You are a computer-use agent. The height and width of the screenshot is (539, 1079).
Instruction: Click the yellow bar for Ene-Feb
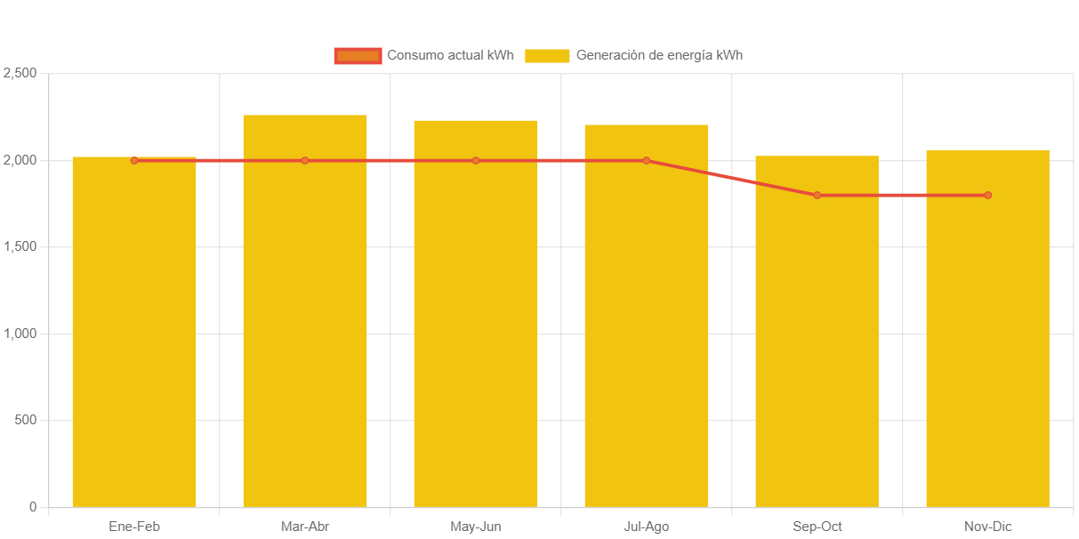134,338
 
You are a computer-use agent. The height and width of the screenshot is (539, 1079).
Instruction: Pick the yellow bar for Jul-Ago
647,320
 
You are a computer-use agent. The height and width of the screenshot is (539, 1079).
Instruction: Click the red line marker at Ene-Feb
134,161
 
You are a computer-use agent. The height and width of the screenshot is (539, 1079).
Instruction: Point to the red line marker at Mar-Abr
305,161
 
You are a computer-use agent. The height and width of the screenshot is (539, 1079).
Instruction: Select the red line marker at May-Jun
476,161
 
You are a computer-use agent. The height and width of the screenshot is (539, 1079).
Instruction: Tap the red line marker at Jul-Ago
647,161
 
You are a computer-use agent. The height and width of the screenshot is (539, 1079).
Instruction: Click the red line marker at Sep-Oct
817,196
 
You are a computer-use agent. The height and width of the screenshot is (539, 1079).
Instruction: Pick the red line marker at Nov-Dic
987,196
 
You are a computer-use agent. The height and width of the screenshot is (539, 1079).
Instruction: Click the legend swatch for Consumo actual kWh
358,55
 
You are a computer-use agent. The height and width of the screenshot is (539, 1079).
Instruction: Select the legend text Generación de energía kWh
659,55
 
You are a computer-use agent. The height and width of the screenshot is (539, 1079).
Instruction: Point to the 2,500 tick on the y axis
20,73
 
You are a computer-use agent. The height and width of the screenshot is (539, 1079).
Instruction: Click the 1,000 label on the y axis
20,334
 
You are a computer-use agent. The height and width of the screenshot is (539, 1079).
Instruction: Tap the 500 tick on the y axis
25,420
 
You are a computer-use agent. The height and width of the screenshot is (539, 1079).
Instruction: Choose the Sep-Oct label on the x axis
817,527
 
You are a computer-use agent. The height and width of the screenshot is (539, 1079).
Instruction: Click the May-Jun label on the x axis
476,527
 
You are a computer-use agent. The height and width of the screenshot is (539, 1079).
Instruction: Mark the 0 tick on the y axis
33,507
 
